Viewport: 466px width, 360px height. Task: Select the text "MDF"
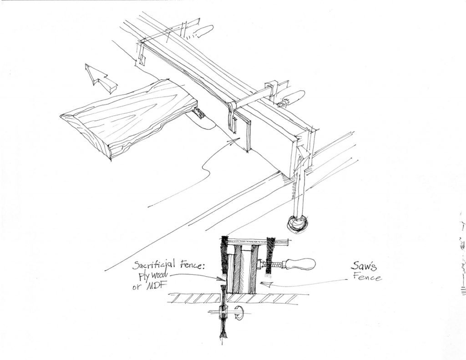point(158,287)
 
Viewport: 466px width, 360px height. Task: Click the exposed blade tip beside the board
point(198,113)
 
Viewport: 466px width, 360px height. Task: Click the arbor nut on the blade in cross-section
point(223,314)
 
